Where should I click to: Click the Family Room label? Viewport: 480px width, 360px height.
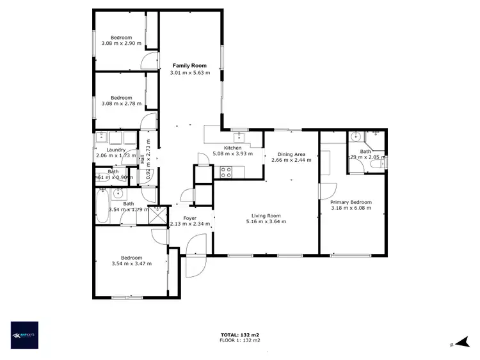coord(189,66)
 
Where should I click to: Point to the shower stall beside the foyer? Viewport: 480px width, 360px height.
coord(157,214)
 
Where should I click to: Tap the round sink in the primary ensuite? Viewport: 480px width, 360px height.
coord(355,136)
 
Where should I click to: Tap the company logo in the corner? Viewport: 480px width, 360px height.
coord(25,334)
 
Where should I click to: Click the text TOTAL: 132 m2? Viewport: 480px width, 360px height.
coord(239,335)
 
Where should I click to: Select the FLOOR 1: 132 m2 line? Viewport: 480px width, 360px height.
coord(239,340)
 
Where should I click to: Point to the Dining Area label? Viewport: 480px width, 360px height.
coord(291,154)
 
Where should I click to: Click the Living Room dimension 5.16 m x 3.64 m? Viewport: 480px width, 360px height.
coord(266,222)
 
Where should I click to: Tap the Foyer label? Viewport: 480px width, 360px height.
coord(189,219)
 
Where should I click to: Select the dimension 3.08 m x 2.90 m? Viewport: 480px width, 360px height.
coord(121,43)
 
